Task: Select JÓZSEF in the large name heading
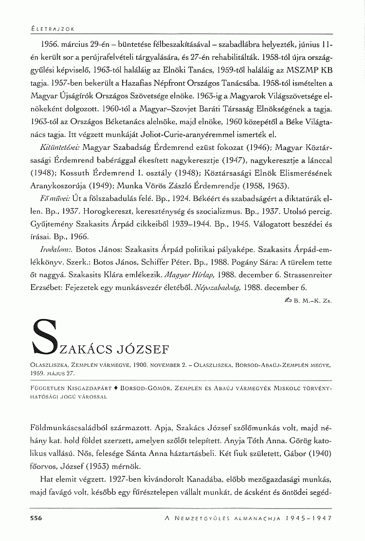coord(153,349)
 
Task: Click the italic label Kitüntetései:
coord(55,146)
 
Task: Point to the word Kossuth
coord(81,173)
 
